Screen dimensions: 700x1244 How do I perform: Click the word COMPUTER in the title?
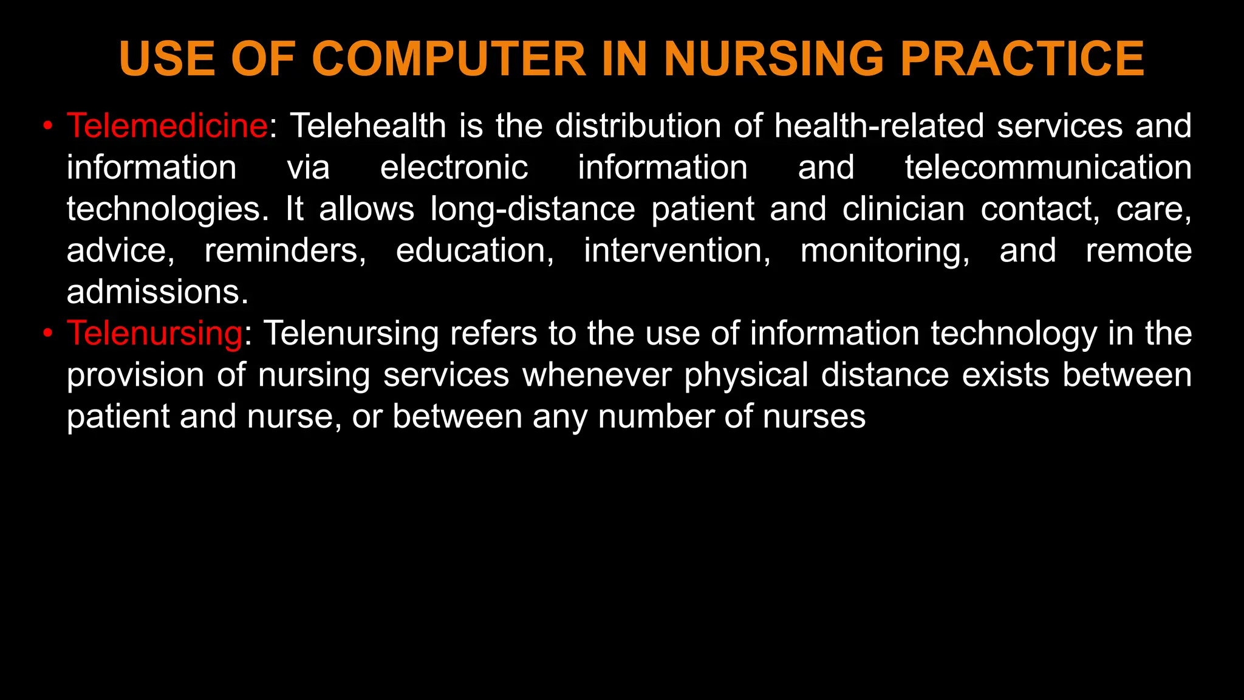click(449, 59)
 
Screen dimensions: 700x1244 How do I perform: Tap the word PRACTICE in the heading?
click(1022, 59)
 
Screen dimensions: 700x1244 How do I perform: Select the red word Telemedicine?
click(167, 126)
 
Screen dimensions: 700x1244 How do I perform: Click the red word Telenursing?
click(155, 334)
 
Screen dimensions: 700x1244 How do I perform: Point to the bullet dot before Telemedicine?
click(48, 126)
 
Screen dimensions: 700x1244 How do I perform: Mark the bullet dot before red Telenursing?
click(48, 334)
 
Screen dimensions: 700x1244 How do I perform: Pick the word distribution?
click(638, 126)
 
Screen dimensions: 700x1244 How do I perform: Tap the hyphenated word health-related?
click(879, 126)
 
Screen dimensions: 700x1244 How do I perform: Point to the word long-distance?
click(533, 209)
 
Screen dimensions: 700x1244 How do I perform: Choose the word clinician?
click(903, 209)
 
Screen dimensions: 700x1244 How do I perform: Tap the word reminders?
click(285, 250)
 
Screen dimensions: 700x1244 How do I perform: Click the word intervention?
click(677, 250)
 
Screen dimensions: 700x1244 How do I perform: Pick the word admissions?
click(157, 292)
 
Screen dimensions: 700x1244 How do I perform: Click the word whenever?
click(596, 375)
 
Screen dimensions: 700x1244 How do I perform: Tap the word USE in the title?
click(167, 59)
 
